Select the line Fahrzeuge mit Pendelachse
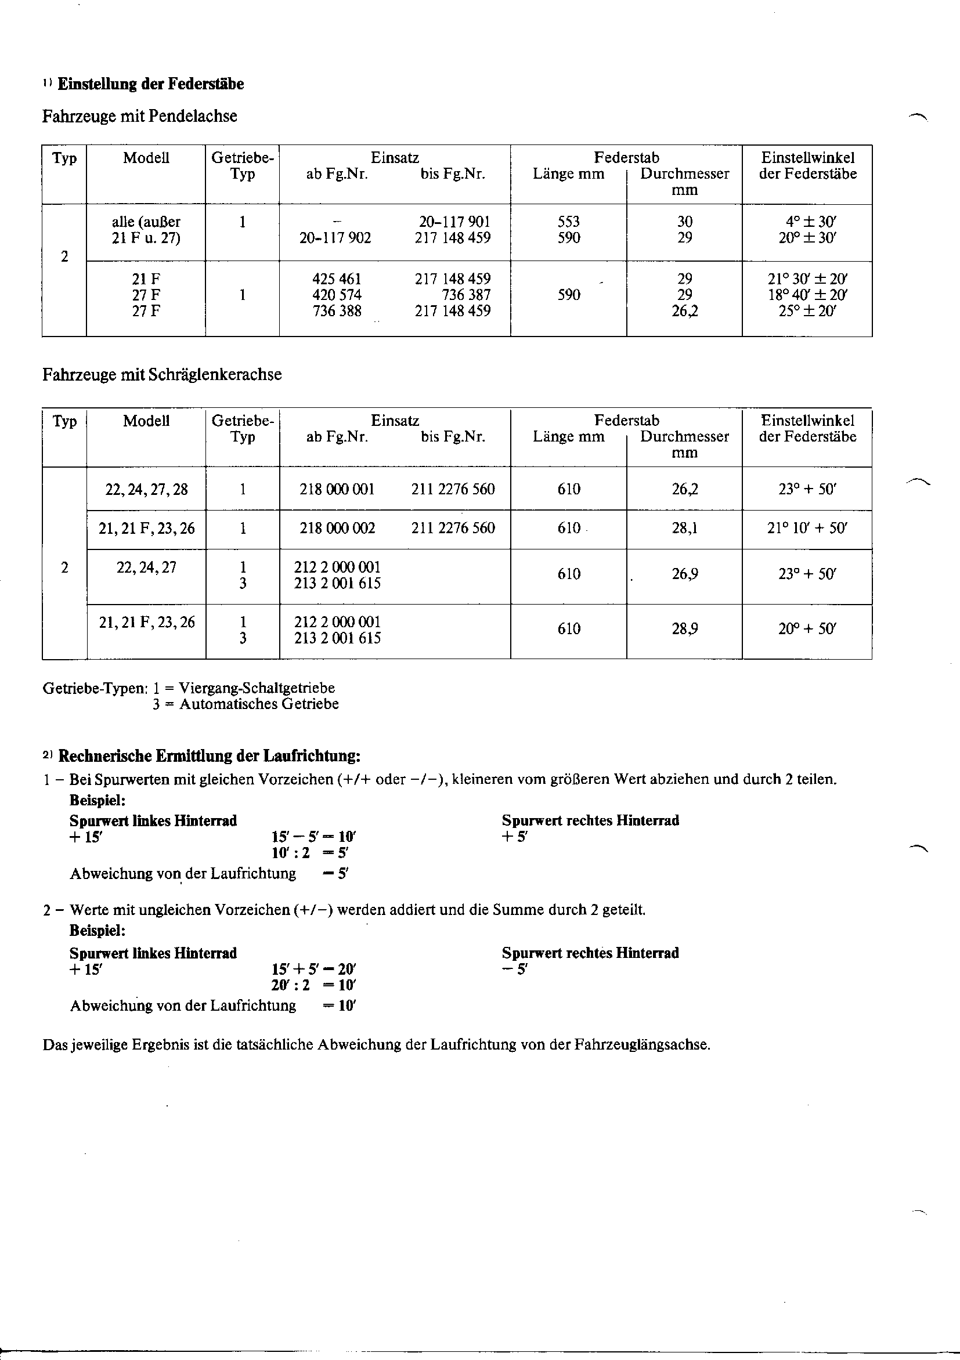pos(139,116)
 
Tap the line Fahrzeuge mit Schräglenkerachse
pos(162,375)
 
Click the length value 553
pos(568,222)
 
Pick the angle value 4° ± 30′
pos(807,222)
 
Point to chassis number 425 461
pos(337,279)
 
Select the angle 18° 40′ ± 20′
pos(807,295)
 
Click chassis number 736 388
pos(337,311)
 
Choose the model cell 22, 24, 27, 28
pos(146,489)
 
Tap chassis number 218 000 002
pos(337,529)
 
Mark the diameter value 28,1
pos(684,529)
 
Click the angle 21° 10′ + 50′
pos(807,529)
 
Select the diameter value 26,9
pos(684,574)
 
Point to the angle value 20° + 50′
pos(807,629)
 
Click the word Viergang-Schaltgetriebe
pos(257,688)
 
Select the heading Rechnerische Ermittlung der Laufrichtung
pos(210,757)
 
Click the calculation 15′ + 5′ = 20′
pos(313,970)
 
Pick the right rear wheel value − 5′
pos(514,970)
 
